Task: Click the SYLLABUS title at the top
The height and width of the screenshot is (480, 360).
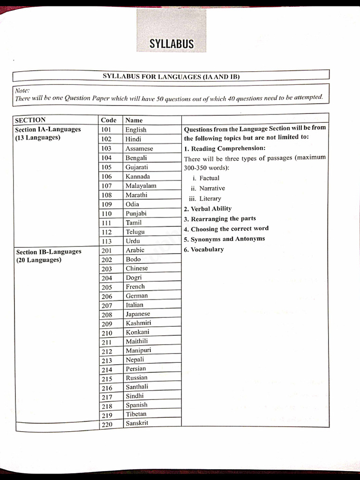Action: (171, 44)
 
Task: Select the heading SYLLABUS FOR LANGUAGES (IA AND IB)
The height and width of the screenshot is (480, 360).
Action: (171, 76)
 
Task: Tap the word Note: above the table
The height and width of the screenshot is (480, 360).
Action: (22, 90)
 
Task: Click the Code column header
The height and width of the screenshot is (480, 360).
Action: (108, 120)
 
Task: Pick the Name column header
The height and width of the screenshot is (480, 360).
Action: (134, 120)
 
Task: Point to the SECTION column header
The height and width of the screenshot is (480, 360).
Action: (30, 120)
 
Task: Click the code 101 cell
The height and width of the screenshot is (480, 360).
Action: (106, 130)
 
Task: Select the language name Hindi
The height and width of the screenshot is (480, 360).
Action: (133, 139)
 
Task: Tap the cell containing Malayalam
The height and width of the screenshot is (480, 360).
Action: (141, 186)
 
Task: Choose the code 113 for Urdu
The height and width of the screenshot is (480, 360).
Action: (106, 241)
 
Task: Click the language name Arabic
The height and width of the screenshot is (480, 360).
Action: (135, 250)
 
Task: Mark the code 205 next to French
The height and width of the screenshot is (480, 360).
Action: (107, 287)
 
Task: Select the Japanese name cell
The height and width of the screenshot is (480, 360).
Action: (138, 314)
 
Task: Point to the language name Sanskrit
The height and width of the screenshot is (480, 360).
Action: (137, 423)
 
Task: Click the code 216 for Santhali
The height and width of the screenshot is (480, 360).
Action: (107, 388)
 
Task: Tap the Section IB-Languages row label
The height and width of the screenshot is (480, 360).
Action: (48, 252)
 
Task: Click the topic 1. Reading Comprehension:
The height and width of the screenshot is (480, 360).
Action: (225, 149)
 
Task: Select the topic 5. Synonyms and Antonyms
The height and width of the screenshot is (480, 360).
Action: (224, 239)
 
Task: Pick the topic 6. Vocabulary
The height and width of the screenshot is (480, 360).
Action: (204, 249)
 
